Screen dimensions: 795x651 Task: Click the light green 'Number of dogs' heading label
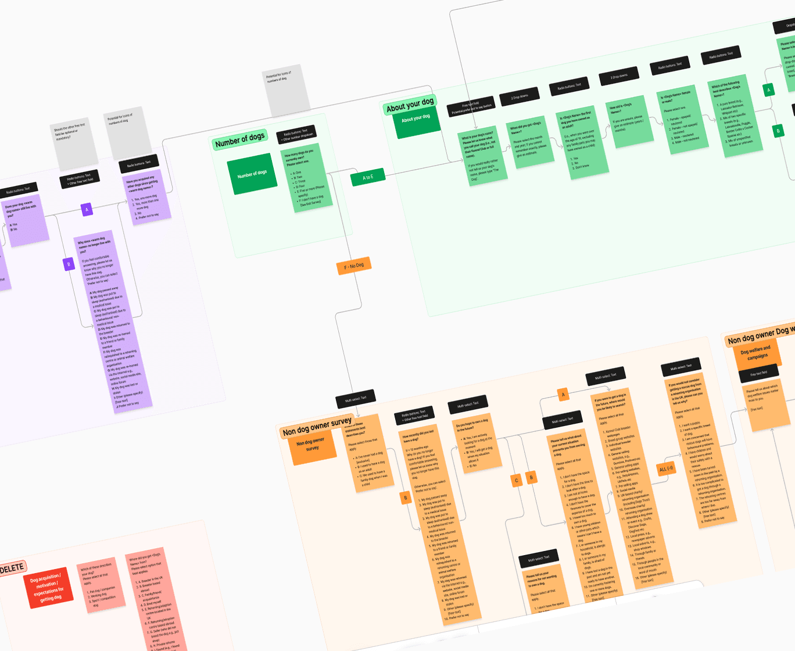click(x=239, y=139)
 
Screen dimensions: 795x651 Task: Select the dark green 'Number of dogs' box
click(x=252, y=173)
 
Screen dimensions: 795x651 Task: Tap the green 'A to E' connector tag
click(x=368, y=177)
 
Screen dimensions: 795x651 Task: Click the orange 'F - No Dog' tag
click(x=353, y=266)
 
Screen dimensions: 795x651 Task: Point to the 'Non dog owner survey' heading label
click(x=317, y=426)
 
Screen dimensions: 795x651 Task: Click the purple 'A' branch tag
click(x=87, y=209)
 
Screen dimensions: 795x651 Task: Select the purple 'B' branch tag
click(x=69, y=264)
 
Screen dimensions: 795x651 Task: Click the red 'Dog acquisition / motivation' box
click(x=49, y=588)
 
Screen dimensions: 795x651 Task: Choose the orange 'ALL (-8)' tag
click(x=666, y=468)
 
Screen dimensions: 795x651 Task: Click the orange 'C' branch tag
click(x=516, y=480)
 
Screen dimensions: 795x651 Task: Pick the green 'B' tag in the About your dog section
click(x=778, y=131)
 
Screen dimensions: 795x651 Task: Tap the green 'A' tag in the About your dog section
click(x=769, y=90)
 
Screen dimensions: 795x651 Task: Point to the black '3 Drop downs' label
click(x=618, y=76)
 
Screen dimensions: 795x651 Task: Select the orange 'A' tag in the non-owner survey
click(x=563, y=395)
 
